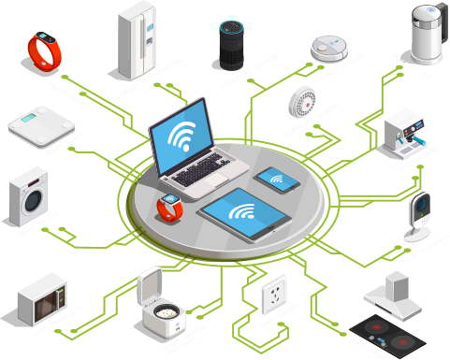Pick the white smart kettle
(426, 33)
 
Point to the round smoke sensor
(303, 100)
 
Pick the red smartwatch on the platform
(169, 207)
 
